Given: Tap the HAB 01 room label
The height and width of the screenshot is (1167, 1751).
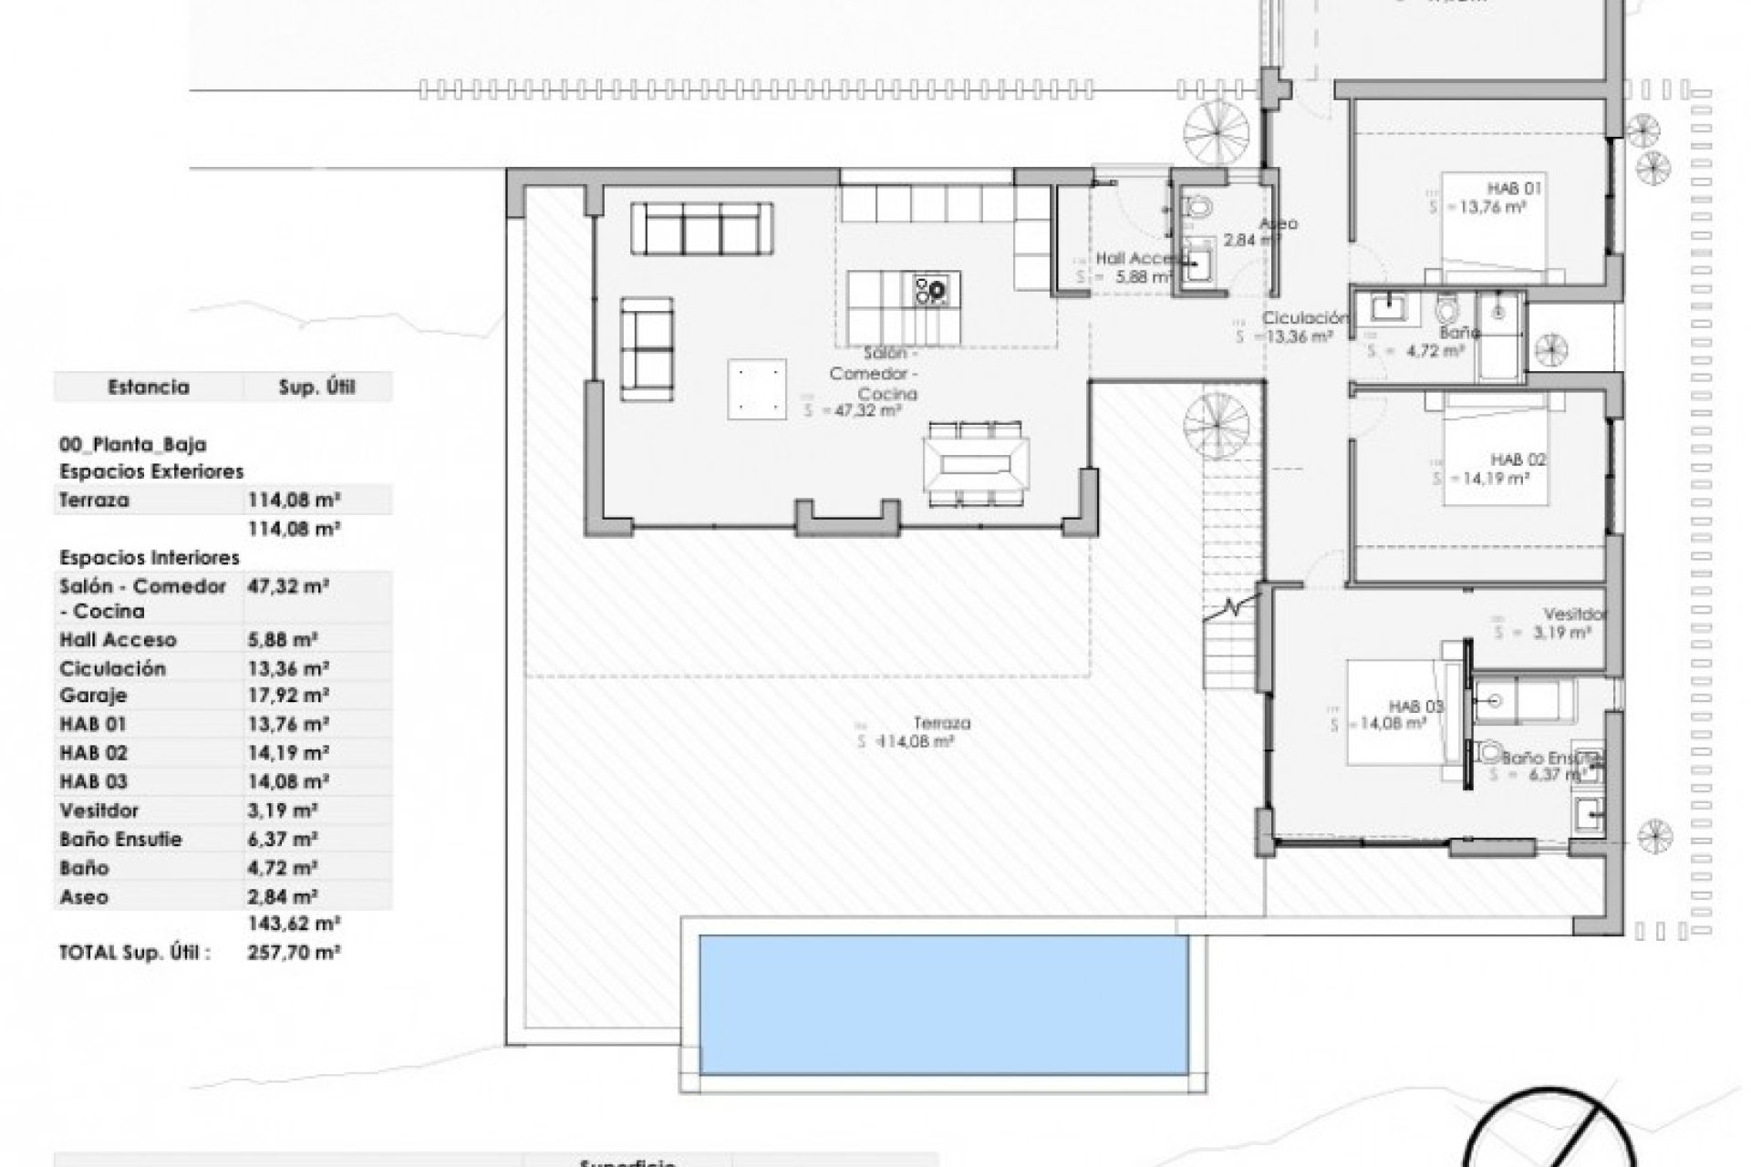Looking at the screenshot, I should tap(1516, 189).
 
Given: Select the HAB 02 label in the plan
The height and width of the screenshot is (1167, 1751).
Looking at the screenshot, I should tap(1518, 460).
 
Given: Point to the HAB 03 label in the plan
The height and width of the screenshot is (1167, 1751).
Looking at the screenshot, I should tap(1416, 707).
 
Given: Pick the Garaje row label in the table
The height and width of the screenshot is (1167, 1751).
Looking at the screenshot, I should tap(93, 696).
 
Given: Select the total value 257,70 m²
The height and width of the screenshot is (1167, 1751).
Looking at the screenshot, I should tap(294, 953).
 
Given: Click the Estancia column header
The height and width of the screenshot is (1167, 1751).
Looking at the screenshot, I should tap(149, 387).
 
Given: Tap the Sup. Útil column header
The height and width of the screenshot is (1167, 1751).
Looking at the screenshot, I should tap(316, 387).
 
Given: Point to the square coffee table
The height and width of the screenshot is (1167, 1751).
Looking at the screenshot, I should tap(757, 389).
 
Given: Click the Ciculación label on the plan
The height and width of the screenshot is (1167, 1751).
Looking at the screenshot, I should tap(1304, 318).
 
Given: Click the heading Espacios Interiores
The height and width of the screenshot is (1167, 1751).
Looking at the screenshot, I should tap(150, 557).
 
